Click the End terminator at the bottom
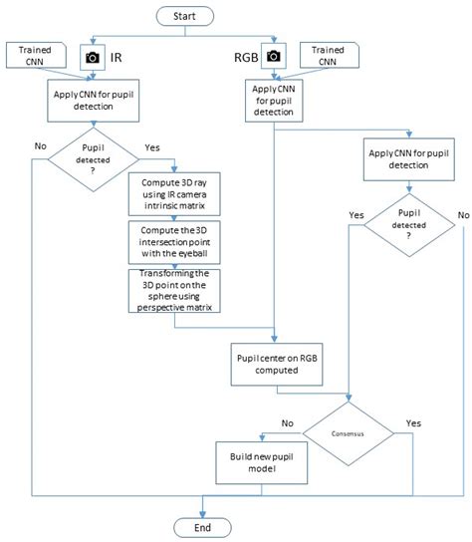click(x=202, y=525)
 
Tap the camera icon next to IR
click(x=92, y=58)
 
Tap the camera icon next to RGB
click(x=273, y=58)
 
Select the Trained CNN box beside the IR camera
click(x=34, y=54)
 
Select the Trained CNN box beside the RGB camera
click(x=329, y=54)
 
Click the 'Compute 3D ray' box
click(x=173, y=195)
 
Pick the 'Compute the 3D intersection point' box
click(x=173, y=241)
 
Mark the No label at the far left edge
click(x=40, y=146)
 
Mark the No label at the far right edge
click(x=462, y=214)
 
